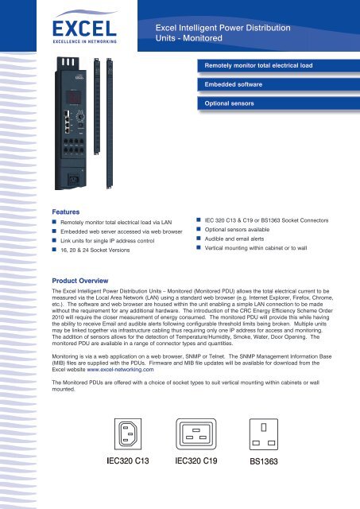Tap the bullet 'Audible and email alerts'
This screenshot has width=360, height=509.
[246, 236]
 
